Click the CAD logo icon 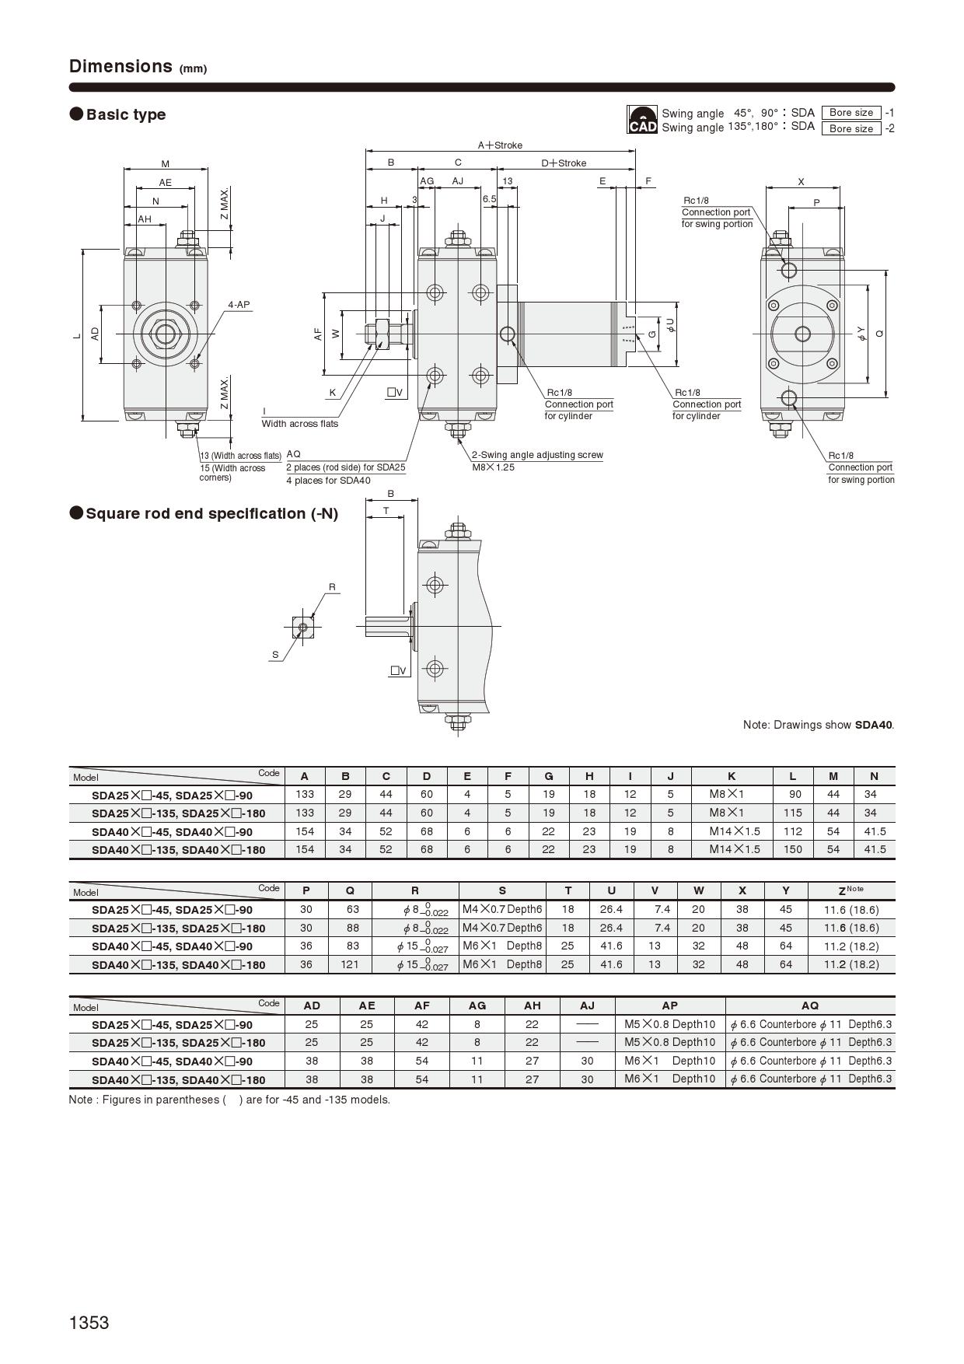(x=642, y=120)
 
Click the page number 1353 (x=89, y=1323)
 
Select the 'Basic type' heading (x=126, y=114)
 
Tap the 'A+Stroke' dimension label (x=500, y=145)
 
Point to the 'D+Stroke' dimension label (x=564, y=163)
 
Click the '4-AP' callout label (x=239, y=305)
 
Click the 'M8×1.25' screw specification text (x=493, y=467)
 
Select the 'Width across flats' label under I (x=300, y=424)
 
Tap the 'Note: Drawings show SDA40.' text (x=818, y=725)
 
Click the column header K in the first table (x=732, y=776)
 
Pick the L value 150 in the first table (x=792, y=849)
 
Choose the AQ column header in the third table (x=809, y=1006)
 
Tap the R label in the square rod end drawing (x=332, y=587)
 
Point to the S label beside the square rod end (x=275, y=655)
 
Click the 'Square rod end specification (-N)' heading (x=211, y=514)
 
